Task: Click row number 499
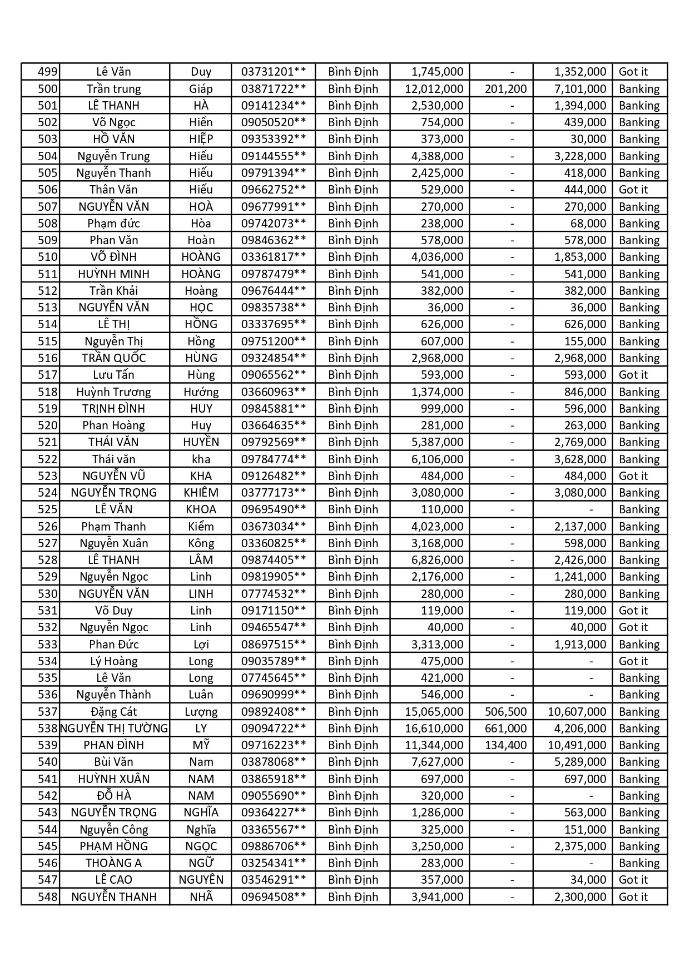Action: (x=47, y=72)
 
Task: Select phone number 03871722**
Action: (x=273, y=89)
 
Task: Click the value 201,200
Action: (x=505, y=89)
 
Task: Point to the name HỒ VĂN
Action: (x=113, y=139)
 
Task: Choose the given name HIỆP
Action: (x=201, y=139)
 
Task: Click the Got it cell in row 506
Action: (x=633, y=190)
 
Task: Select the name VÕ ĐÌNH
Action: (x=113, y=257)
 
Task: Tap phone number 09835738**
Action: (x=273, y=308)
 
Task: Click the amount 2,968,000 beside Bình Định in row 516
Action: (x=437, y=358)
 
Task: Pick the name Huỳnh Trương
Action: (x=113, y=392)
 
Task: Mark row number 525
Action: (x=47, y=509)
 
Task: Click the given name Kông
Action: (x=201, y=543)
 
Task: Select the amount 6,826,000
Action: (x=437, y=560)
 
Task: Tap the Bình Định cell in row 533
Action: (x=353, y=645)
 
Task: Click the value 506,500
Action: (x=505, y=712)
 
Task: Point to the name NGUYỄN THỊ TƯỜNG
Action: (x=114, y=729)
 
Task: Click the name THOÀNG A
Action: (x=113, y=863)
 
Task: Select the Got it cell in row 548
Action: (x=633, y=897)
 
